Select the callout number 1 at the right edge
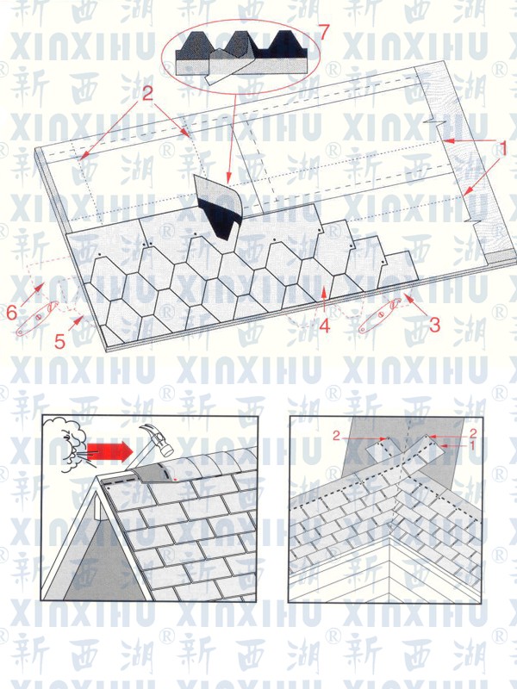501,148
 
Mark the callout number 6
11,313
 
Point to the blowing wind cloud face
65,438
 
